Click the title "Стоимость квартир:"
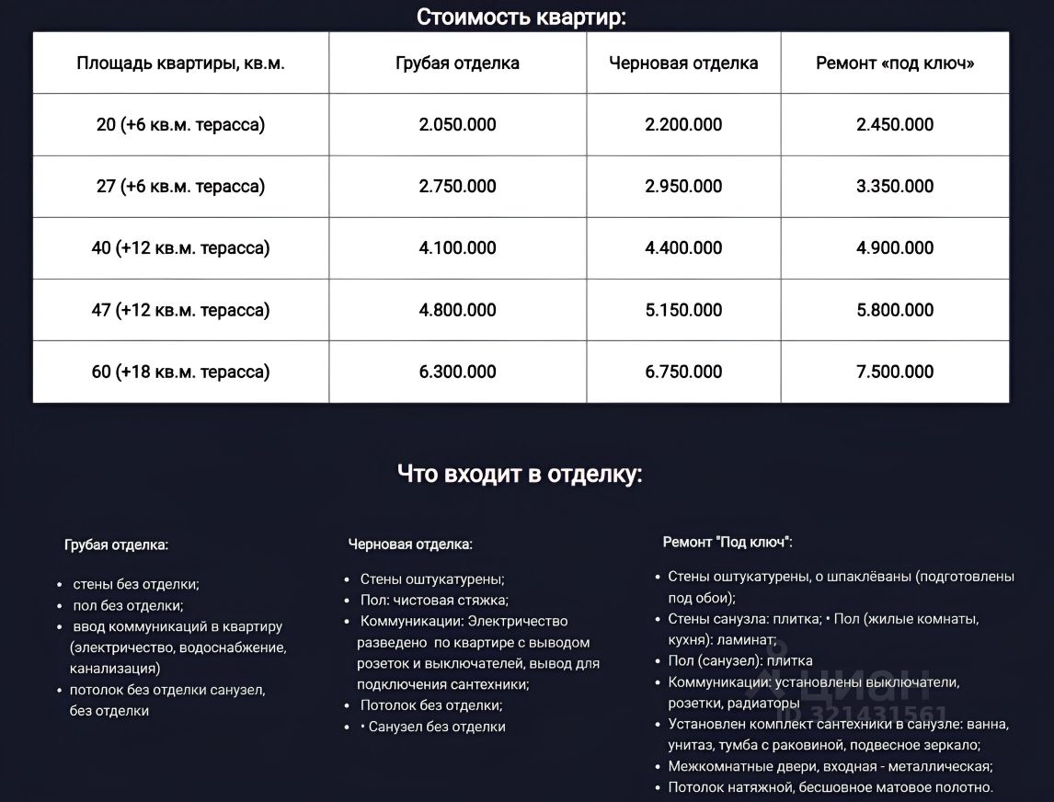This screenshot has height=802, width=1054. click(521, 17)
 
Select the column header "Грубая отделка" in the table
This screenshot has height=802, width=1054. click(457, 63)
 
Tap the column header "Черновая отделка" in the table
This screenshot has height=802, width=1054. click(683, 63)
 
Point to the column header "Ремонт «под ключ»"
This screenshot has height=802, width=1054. click(895, 63)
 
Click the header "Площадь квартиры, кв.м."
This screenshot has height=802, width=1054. click(180, 63)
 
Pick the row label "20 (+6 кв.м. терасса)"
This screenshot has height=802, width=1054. click(180, 125)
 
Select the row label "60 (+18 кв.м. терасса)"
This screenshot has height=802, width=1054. click(180, 372)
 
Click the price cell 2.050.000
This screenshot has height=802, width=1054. click(457, 125)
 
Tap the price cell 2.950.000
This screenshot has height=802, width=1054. click(683, 187)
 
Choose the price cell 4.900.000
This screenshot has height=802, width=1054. click(895, 248)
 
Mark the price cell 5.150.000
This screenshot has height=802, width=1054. click(683, 310)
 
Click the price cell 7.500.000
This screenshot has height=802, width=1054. click(895, 372)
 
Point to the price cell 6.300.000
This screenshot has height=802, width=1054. click(457, 372)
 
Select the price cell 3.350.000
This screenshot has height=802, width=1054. click(895, 187)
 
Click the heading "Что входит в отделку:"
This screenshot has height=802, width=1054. click(520, 475)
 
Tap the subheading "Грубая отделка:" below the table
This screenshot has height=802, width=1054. click(116, 544)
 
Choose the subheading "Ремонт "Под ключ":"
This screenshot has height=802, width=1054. click(727, 542)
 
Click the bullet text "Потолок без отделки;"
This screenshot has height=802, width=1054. click(431, 705)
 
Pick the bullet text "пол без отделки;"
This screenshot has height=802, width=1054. click(128, 605)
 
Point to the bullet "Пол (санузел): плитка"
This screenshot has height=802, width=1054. click(739, 660)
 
